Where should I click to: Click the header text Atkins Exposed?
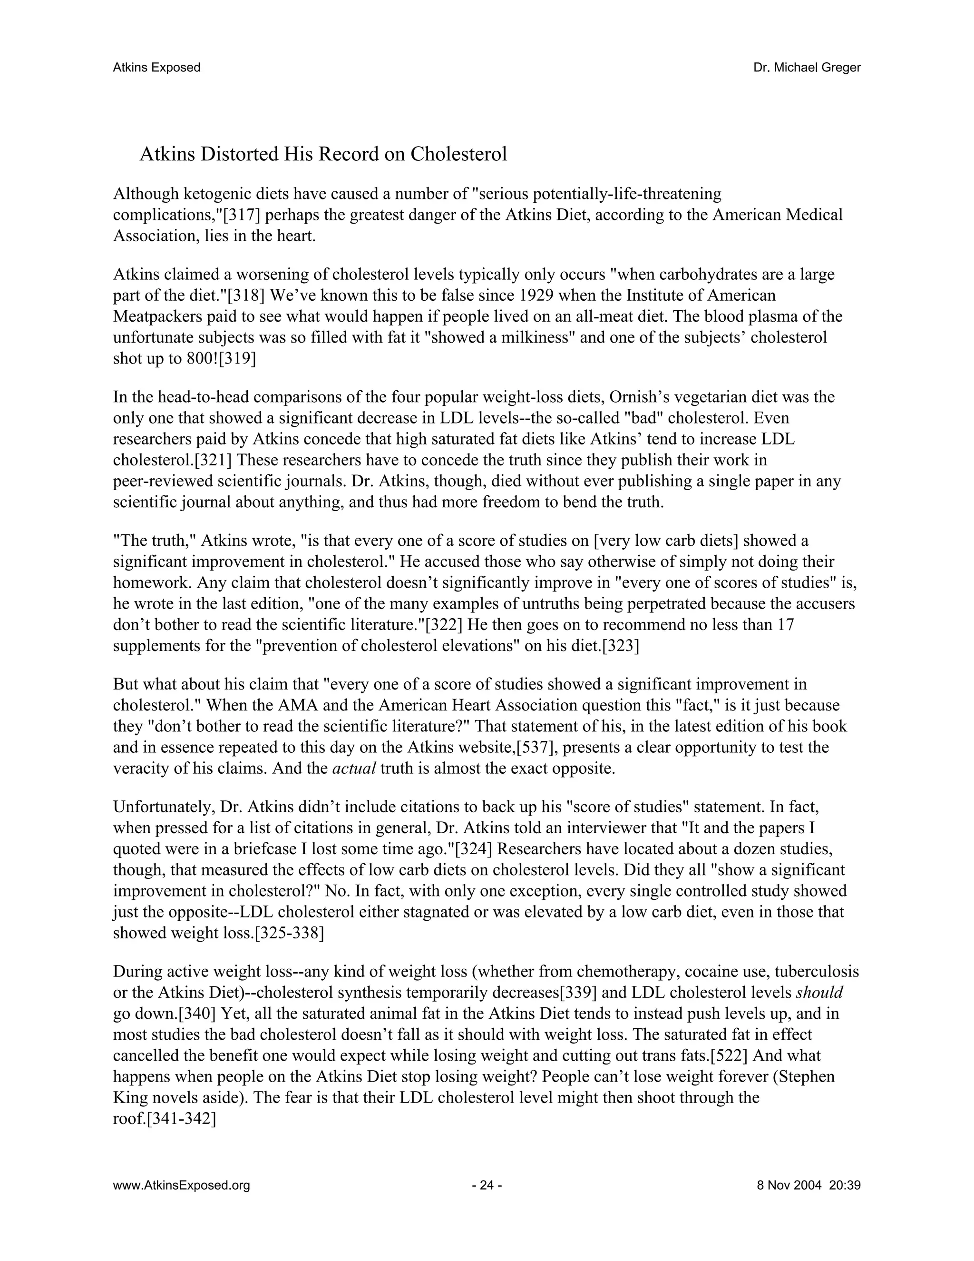click(x=156, y=68)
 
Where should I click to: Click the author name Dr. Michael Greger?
click(x=807, y=68)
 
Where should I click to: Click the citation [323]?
click(x=620, y=646)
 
